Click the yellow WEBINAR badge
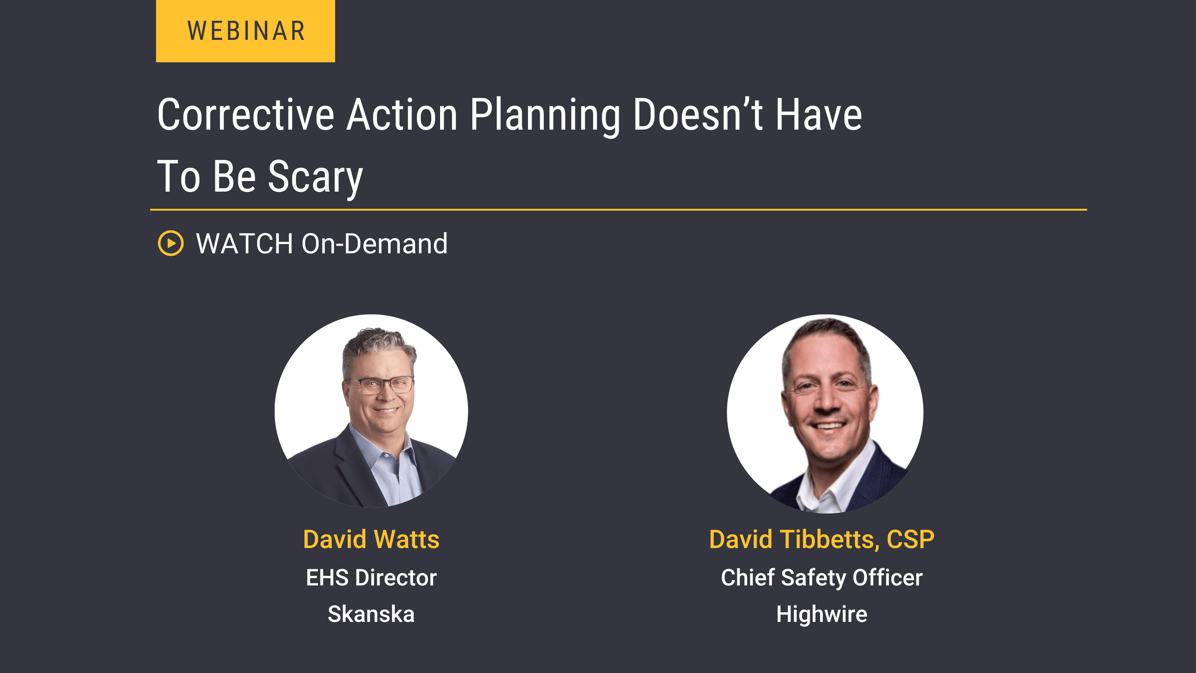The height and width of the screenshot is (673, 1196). (245, 31)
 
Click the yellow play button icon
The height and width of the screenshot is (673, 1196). (171, 243)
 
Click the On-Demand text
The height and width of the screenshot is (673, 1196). (374, 243)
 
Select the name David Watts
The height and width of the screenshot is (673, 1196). (371, 539)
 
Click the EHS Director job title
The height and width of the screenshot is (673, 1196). (371, 577)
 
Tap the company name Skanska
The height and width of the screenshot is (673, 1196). (371, 614)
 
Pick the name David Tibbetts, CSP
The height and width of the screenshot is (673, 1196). (821, 539)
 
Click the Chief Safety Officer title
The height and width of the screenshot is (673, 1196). (821, 577)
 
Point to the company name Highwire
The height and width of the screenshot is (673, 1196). (821, 614)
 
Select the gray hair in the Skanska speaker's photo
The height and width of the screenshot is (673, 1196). (378, 341)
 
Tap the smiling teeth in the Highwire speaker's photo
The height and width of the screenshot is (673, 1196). (829, 425)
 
